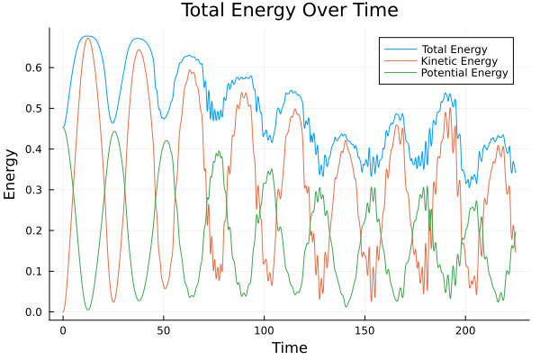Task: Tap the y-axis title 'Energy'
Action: pyautogui.click(x=11, y=173)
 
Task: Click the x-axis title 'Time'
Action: pyautogui.click(x=290, y=347)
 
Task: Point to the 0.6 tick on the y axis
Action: pyautogui.click(x=34, y=67)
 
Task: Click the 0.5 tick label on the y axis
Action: pyautogui.click(x=34, y=108)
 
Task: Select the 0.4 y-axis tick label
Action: pyautogui.click(x=34, y=149)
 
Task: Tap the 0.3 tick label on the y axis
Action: pyautogui.click(x=34, y=190)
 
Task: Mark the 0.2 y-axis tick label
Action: pyautogui.click(x=34, y=230)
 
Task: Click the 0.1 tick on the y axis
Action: pyautogui.click(x=34, y=272)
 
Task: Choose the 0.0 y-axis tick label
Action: pyautogui.click(x=34, y=312)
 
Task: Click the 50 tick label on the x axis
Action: pyautogui.click(x=164, y=331)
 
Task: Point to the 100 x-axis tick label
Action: pyautogui.click(x=265, y=331)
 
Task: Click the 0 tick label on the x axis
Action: pyautogui.click(x=63, y=331)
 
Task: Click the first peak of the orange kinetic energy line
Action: pyautogui.click(x=87, y=39)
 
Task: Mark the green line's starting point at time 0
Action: pyautogui.click(x=63, y=128)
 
